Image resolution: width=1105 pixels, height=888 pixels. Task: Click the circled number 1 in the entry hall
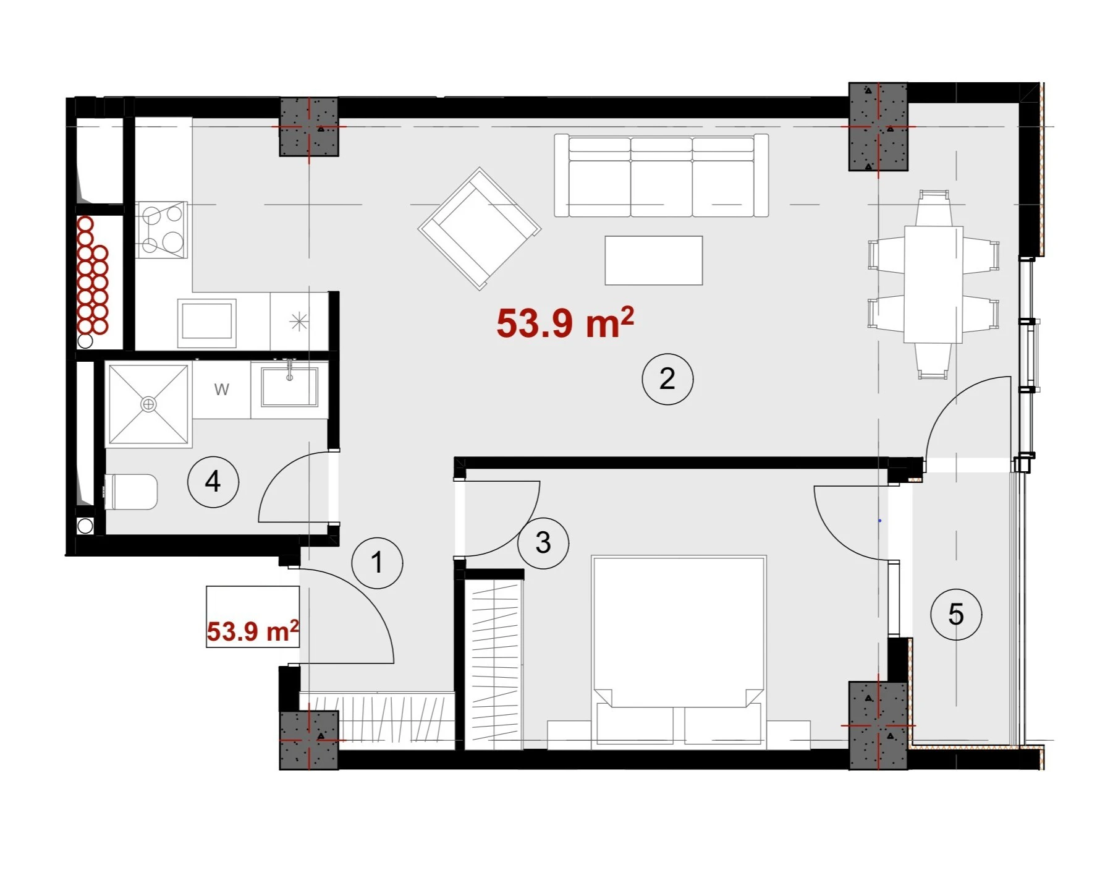point(377,563)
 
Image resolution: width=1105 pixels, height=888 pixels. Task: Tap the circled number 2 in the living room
point(667,379)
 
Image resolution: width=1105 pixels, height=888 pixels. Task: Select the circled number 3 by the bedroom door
point(543,543)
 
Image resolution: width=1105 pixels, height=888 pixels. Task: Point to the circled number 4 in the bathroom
point(213,482)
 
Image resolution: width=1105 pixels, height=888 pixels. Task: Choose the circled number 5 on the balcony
point(956,614)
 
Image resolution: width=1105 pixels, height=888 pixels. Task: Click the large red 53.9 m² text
point(565,322)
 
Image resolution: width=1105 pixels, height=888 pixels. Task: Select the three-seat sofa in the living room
point(661,176)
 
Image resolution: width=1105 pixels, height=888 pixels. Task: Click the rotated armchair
point(480,229)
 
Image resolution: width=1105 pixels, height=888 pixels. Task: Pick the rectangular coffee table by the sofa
point(654,260)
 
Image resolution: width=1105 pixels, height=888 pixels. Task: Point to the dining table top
point(933,284)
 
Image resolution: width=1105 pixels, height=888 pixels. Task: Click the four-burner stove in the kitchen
point(161,230)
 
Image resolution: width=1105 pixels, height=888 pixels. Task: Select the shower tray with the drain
point(148,404)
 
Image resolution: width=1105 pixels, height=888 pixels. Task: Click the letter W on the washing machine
point(222,389)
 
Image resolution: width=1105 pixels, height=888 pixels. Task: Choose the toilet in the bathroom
point(131,492)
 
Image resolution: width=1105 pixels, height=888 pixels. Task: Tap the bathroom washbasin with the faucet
point(290,387)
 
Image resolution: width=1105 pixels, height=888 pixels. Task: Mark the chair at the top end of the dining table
point(933,208)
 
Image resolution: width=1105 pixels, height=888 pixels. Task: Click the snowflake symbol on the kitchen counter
point(299,322)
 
